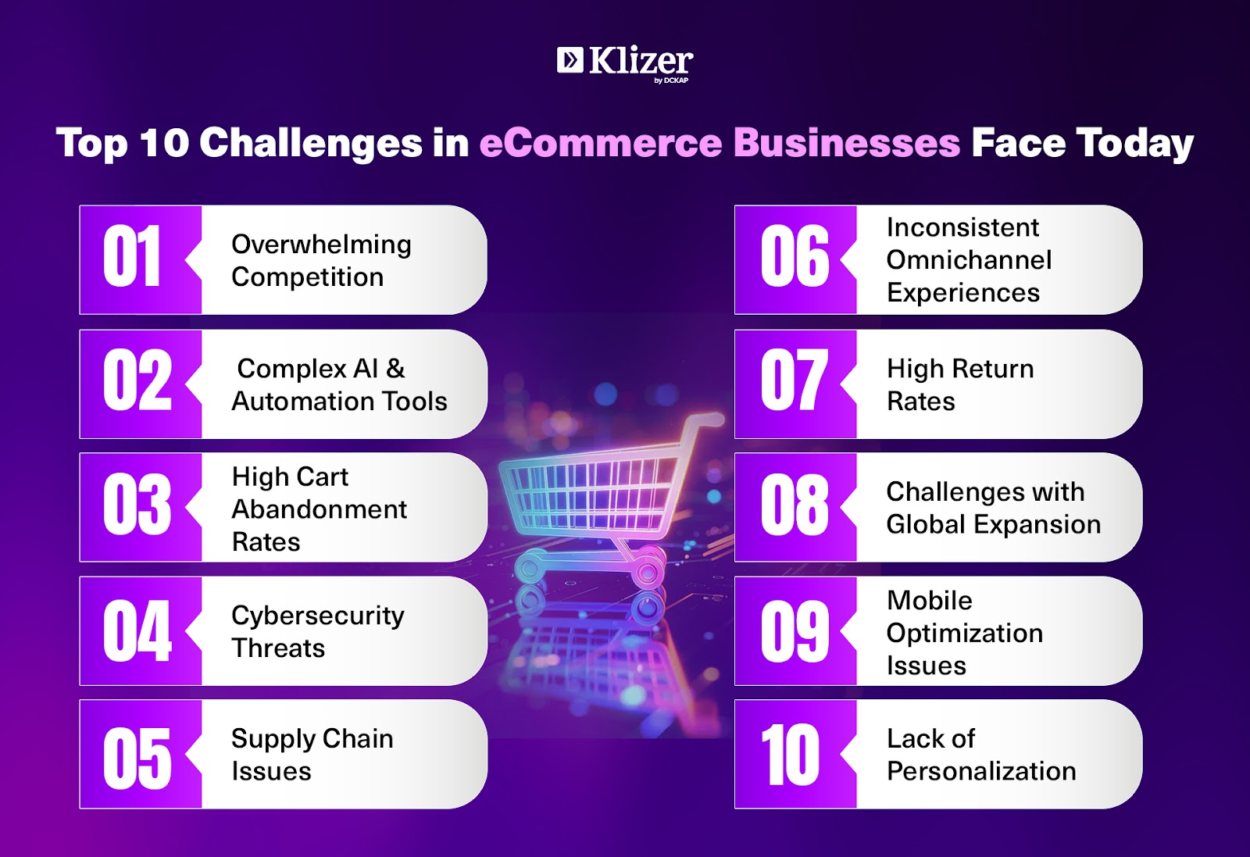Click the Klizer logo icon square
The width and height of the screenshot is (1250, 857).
(x=570, y=59)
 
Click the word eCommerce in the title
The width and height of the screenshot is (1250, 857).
(x=601, y=143)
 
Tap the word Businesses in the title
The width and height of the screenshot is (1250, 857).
(x=847, y=143)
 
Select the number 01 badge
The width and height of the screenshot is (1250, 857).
(x=140, y=259)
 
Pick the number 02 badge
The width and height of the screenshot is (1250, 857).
(x=140, y=384)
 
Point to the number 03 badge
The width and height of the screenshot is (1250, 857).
(x=140, y=507)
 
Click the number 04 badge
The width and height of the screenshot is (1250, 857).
(x=140, y=630)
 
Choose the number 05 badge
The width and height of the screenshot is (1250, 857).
(x=140, y=754)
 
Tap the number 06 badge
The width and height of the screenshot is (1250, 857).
(x=795, y=259)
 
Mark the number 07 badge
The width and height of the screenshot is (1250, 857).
(x=795, y=384)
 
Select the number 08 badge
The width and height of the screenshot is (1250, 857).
(x=795, y=507)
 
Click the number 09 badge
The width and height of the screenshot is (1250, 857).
(x=795, y=630)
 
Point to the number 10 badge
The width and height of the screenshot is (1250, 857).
(x=795, y=754)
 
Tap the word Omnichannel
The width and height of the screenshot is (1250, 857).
(x=969, y=259)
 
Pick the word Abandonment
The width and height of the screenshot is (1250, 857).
(x=320, y=509)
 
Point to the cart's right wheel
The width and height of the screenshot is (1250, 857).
(x=648, y=571)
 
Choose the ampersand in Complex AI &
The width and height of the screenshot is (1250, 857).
(x=395, y=368)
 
